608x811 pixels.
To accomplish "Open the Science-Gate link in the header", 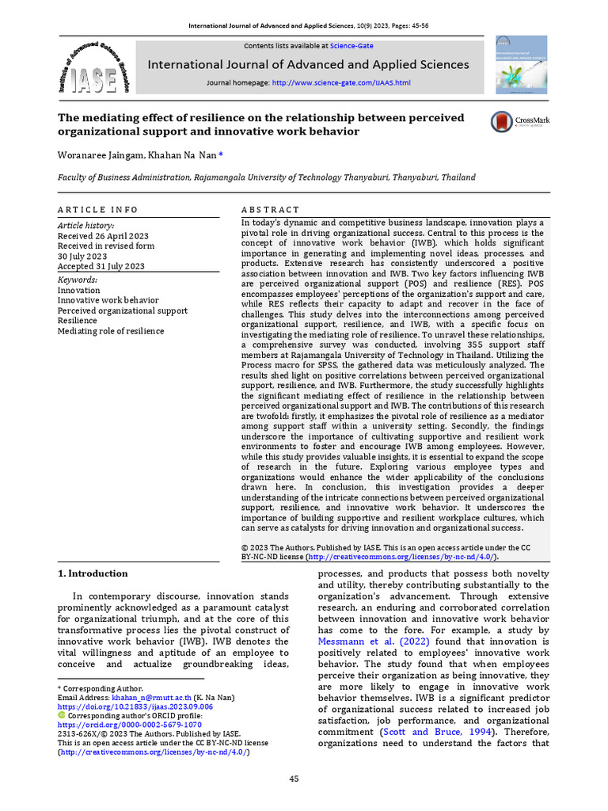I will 351,46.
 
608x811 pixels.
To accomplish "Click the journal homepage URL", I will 340,82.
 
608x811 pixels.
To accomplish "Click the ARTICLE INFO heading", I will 97,210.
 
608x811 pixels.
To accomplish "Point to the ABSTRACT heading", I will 270,210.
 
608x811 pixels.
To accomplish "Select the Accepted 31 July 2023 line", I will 101,266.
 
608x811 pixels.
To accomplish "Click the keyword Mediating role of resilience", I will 111,331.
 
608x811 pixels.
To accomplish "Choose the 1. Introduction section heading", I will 93,573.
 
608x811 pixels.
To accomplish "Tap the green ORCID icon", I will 63,715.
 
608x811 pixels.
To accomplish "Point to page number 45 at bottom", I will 294,779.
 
